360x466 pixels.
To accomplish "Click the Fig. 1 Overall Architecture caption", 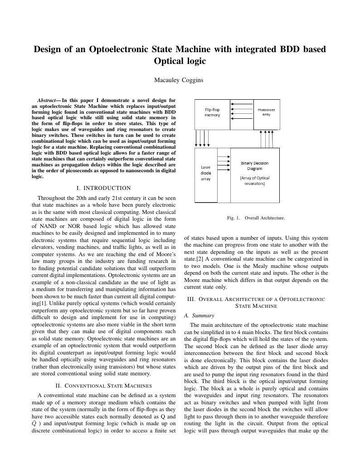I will click(x=256, y=218).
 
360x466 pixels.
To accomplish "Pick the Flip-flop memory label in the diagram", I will click(x=212, y=112).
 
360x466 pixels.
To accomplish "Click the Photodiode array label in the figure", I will click(x=266, y=112).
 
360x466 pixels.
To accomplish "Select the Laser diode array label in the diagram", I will click(x=205, y=173).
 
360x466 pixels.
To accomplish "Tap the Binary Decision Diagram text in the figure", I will click(x=254, y=165).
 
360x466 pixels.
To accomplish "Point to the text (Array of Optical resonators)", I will click(x=254, y=181).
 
